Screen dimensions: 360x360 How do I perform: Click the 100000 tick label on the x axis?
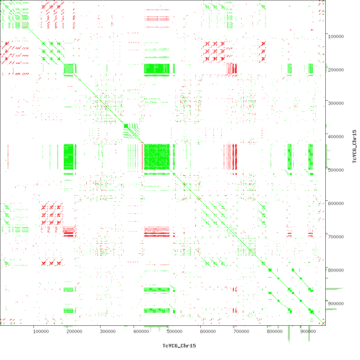41,331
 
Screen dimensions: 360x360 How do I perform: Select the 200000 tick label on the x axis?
74,331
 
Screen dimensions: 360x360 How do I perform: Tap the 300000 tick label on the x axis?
108,331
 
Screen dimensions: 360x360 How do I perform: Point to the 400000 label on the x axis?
141,331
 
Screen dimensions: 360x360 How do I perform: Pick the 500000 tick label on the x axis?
174,331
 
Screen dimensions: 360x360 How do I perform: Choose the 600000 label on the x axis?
208,331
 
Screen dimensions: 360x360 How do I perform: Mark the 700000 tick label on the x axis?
241,331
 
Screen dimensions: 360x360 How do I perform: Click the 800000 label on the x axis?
275,331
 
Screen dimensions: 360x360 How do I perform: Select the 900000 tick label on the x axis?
308,331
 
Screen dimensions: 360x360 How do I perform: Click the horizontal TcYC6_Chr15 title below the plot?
179,346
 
